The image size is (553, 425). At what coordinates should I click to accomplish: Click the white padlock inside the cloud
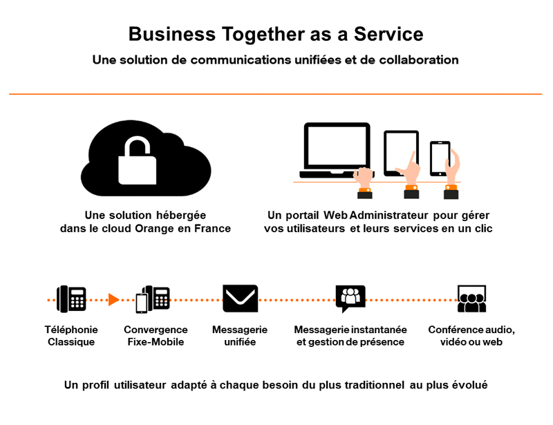pos(136,162)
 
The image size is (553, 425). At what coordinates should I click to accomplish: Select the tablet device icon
pos(401,153)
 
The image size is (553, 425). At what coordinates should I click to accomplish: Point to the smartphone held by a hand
pos(440,159)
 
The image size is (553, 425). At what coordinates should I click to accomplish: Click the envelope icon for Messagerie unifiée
pos(240,299)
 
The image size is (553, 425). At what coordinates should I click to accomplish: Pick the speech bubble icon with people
pos(350,299)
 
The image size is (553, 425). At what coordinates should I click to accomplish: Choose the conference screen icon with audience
pos(471,299)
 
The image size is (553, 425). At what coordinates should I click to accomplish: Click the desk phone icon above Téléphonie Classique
pos(72,299)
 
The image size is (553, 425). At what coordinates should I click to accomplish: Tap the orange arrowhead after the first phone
pos(114,300)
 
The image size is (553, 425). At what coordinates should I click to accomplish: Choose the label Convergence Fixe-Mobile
pos(156,336)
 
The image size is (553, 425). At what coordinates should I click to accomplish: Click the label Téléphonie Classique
pos(71,336)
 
